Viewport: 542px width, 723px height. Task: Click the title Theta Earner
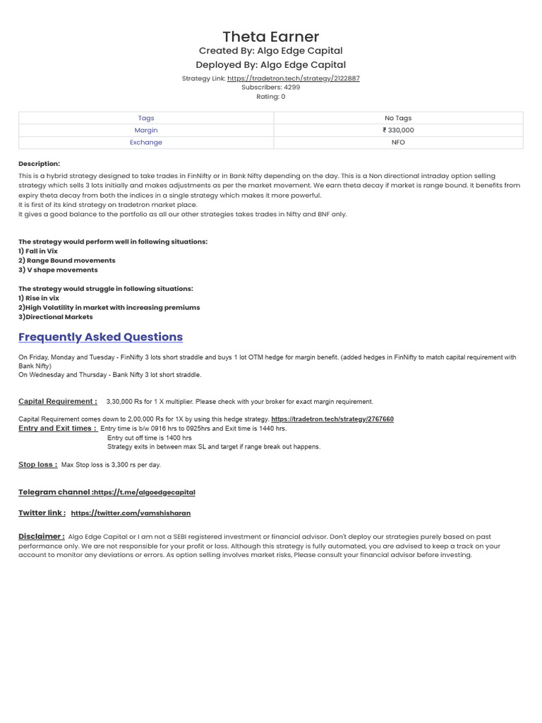[x=271, y=37]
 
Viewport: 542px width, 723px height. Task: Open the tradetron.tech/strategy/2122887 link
[x=293, y=78]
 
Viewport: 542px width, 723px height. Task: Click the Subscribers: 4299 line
[x=271, y=88]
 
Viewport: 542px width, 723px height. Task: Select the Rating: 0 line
[x=271, y=97]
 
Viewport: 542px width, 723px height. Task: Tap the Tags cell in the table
[x=146, y=118]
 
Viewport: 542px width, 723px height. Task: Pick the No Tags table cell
[x=398, y=118]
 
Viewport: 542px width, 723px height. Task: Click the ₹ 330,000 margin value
[x=398, y=130]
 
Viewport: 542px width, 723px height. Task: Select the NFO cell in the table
[x=398, y=142]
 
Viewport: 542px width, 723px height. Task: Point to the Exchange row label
[x=146, y=142]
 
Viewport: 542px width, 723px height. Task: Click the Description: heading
[x=40, y=164]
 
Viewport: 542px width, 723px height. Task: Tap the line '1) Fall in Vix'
[x=38, y=251]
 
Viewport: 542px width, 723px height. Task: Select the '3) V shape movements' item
[x=58, y=270]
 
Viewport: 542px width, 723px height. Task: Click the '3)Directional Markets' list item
[x=56, y=317]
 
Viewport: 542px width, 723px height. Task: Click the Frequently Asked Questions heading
[x=100, y=337]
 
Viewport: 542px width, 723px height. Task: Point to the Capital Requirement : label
[x=58, y=401]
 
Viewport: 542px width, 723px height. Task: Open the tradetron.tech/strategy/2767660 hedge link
[x=332, y=419]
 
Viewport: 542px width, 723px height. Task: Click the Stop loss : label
[x=38, y=465]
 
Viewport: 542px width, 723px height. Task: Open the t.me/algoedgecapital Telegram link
[x=145, y=492]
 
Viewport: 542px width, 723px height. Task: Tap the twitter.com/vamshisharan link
[x=131, y=513]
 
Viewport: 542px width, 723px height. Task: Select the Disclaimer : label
[x=42, y=537]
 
